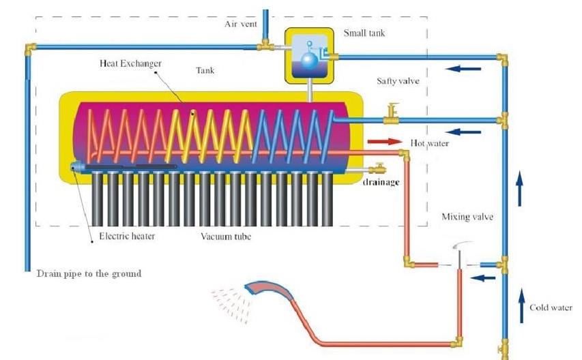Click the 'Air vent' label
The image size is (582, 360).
tap(241, 24)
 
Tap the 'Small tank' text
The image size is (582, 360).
tap(364, 33)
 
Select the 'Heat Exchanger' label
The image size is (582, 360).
tap(130, 63)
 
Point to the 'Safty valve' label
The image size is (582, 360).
tap(398, 81)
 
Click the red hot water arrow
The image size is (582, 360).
tap(385, 141)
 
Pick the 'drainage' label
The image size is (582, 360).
tap(381, 182)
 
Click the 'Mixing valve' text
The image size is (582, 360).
tap(467, 217)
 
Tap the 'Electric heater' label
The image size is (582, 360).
tap(127, 236)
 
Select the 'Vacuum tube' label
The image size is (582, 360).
tap(226, 237)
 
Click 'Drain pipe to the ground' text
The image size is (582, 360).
tap(89, 274)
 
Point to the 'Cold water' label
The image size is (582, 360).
tap(551, 307)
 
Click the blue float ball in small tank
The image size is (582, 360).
tap(309, 61)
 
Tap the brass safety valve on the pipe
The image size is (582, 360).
tap(391, 114)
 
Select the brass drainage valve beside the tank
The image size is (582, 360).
tap(377, 168)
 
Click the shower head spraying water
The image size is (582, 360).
tap(268, 289)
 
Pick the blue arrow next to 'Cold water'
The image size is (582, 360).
tap(521, 306)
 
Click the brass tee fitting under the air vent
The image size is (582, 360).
tap(266, 45)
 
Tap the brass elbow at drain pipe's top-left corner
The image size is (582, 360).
tap(30, 49)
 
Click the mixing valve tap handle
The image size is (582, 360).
tap(462, 245)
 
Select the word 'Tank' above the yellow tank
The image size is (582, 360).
tap(205, 70)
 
